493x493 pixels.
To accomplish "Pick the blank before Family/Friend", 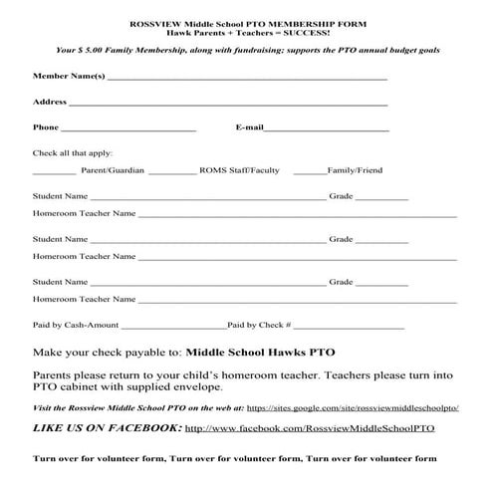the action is [310, 171].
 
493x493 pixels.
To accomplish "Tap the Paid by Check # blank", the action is [349, 326].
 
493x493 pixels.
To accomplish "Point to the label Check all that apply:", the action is [73, 152].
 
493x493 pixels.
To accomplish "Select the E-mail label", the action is [249, 127].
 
